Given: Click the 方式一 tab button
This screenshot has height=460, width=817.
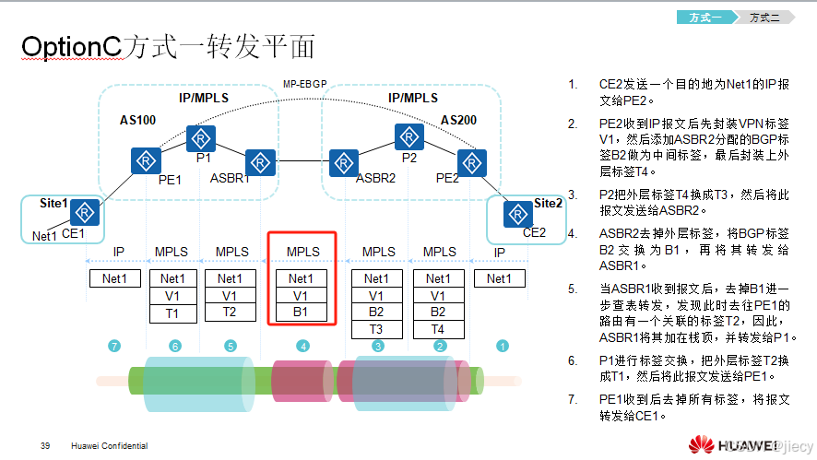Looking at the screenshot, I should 705,17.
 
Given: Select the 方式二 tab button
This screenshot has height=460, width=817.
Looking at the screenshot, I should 764,17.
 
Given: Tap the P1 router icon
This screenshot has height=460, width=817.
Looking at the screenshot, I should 200,139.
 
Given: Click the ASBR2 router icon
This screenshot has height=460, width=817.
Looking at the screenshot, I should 344,162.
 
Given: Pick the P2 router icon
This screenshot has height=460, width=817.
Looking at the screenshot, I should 408,138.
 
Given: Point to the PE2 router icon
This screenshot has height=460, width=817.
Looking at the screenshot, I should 471,162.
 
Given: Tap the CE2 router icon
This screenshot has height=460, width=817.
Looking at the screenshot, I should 516,213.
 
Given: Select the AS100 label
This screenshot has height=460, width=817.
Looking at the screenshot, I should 137,121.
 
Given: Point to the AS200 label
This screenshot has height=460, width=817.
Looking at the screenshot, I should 458,121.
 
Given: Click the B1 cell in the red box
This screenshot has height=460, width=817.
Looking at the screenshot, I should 302,313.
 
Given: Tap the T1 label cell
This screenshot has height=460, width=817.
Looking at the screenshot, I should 172,313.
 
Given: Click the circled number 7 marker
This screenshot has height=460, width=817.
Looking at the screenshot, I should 114,346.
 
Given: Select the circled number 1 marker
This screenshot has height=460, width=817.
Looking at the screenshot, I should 503,346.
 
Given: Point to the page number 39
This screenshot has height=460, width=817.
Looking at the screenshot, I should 45,446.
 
